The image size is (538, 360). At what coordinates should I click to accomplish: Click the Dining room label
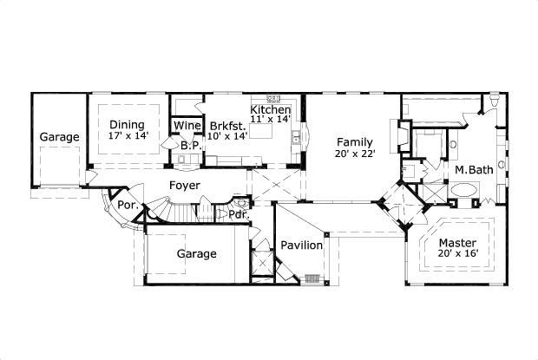127,124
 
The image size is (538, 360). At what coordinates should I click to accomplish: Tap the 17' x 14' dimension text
128,136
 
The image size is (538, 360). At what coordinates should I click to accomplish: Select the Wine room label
187,126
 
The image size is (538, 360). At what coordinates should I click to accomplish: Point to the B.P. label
191,147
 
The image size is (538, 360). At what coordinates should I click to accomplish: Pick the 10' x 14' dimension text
226,136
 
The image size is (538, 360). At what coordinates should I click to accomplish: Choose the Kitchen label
271,109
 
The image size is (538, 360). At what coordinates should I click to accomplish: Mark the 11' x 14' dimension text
272,120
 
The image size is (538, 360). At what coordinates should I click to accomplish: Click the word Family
355,142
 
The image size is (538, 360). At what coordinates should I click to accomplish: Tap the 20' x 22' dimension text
356,154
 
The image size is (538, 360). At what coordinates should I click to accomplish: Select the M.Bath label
474,170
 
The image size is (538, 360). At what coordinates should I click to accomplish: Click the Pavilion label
301,245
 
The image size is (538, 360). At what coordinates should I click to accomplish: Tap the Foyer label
185,186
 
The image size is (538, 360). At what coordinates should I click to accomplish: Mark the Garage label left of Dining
59,137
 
